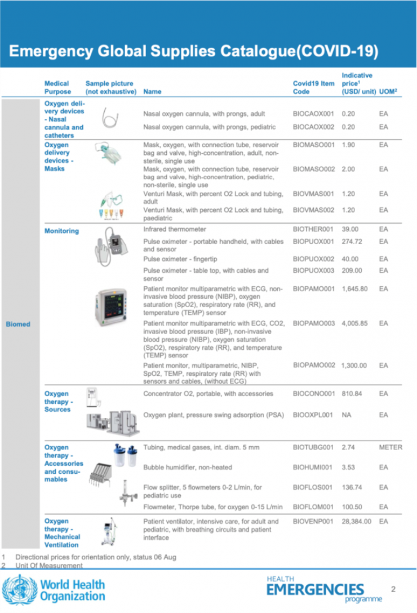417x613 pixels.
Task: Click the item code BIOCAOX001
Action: pos(313,114)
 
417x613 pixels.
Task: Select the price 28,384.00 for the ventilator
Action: pos(356,522)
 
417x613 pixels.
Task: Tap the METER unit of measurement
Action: pos(391,447)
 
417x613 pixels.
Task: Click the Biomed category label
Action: pos(18,325)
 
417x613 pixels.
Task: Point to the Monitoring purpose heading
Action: pos(61,231)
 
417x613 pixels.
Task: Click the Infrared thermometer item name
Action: pos(175,229)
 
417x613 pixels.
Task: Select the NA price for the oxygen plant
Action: pos(347,415)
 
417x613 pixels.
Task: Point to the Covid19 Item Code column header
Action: pos(313,87)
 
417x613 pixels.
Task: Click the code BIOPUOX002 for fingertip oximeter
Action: pos(313,259)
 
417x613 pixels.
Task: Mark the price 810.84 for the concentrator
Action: pos(353,394)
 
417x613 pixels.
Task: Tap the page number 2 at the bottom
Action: pos(393,589)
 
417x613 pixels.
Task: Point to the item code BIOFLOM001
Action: pos(313,507)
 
